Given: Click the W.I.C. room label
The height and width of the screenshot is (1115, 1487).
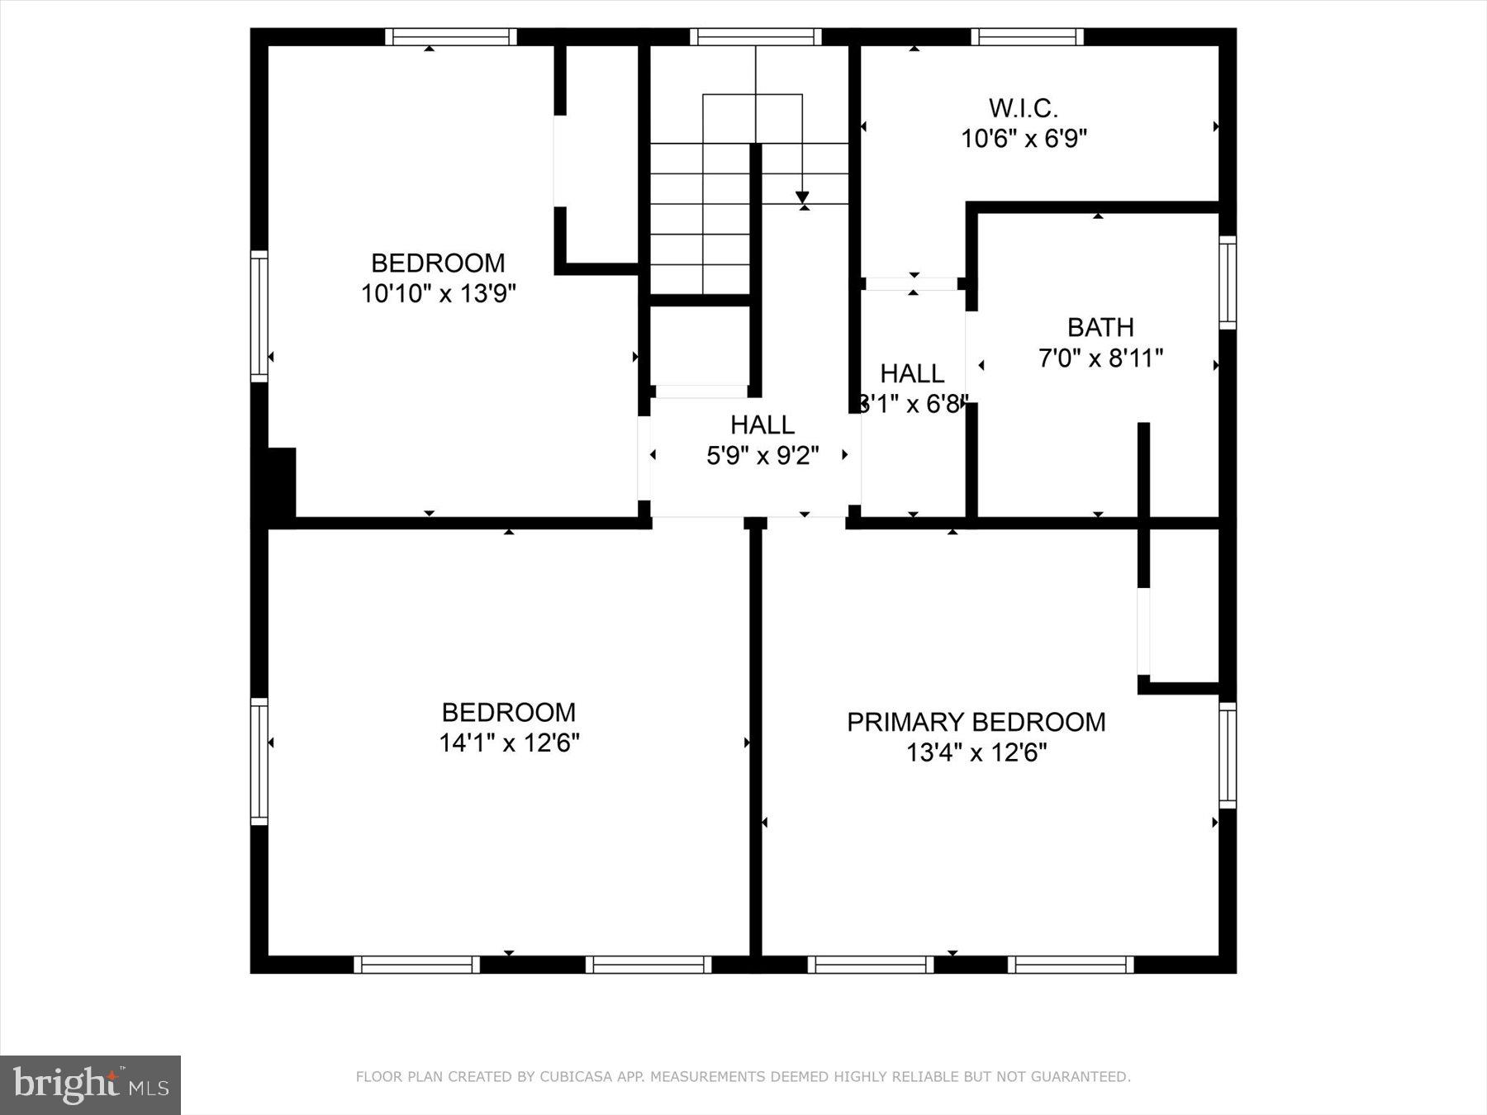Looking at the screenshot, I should tap(1023, 108).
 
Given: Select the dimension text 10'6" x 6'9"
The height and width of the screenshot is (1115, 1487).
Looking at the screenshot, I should tap(1023, 139).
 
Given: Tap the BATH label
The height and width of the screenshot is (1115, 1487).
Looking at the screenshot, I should tap(1100, 328).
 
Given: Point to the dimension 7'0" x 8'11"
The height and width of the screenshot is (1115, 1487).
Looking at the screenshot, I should tap(1100, 358).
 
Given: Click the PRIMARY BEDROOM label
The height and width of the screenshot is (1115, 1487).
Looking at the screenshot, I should tap(976, 722).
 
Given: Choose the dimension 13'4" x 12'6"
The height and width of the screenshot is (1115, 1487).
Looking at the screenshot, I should tap(976, 753).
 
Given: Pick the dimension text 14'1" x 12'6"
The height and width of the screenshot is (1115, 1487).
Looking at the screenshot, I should tap(508, 743).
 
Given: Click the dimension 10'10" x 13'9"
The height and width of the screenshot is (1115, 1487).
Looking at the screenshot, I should tap(438, 294).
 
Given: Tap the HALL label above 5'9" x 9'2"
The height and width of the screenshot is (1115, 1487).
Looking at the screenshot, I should tap(762, 425).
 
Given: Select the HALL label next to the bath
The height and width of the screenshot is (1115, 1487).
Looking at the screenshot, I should tap(912, 374).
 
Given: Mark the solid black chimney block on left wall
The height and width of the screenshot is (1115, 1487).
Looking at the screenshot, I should tap(281, 482).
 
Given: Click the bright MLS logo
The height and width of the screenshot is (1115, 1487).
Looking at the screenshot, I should tap(90, 1084).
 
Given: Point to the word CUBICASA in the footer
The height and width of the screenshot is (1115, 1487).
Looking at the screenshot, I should tap(569, 1077).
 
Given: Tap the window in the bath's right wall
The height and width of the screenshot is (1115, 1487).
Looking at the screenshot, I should tap(1228, 282).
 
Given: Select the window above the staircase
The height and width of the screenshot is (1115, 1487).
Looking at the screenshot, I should tap(755, 36).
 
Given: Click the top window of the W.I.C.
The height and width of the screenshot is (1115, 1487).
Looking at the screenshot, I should tap(1027, 36).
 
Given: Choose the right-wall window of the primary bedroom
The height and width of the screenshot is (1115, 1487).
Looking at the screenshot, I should tap(1228, 755).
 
